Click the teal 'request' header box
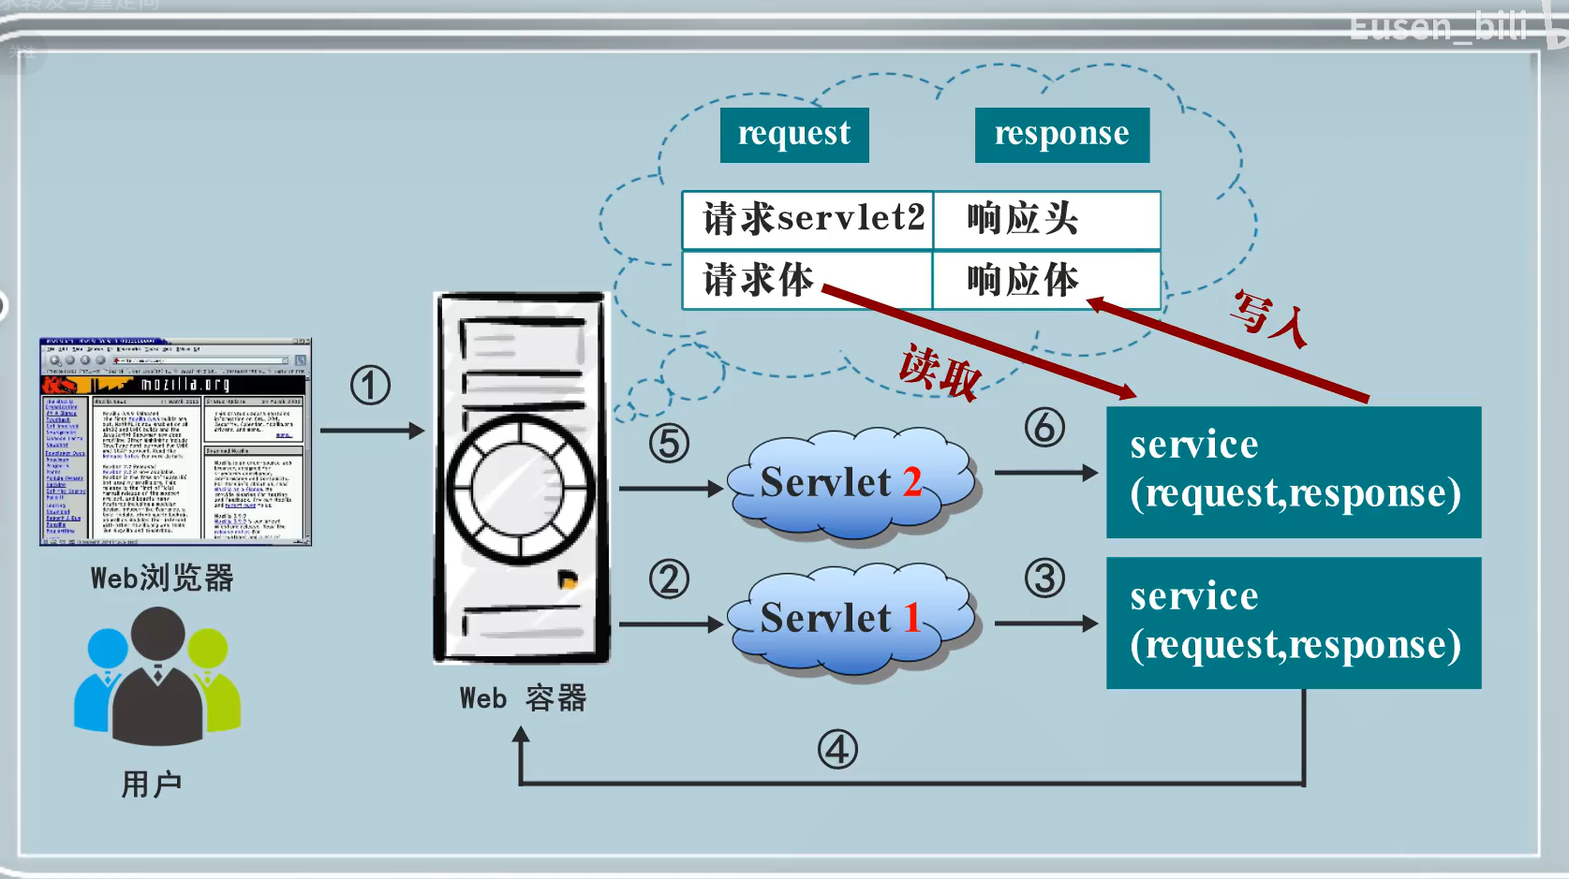pos(794,135)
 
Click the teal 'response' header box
pos(1061,135)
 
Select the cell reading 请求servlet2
pos(808,220)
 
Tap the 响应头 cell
pos(1045,220)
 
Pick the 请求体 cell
pos(807,280)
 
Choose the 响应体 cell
pos(1045,280)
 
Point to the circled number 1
pos(370,386)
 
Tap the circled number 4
pos(837,750)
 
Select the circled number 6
pos(1044,428)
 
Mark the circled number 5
pos(669,444)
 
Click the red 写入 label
pos(1269,318)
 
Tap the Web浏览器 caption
pos(162,579)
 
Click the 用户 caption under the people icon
pos(152,784)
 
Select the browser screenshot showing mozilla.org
pos(175,442)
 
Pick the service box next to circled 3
pos(1293,623)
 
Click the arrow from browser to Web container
pos(372,431)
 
